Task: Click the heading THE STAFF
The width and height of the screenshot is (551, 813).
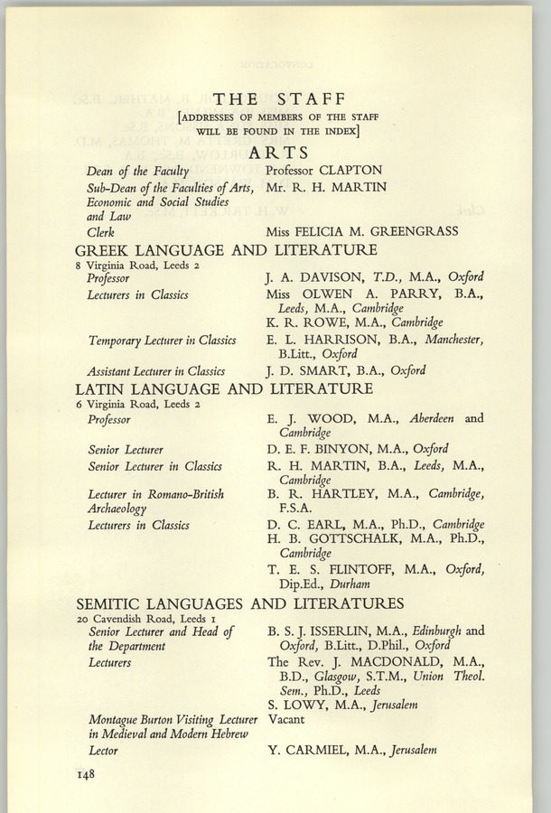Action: [277, 100]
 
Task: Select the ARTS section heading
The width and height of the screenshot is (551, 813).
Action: [277, 153]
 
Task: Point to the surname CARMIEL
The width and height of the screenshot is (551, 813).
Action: [316, 750]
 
